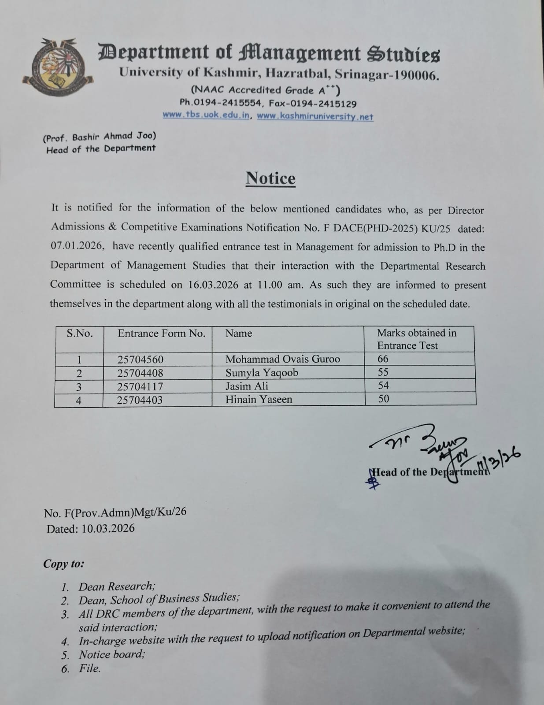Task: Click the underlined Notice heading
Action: click(x=270, y=178)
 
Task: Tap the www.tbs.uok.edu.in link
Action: click(x=206, y=115)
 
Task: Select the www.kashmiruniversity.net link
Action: click(x=315, y=117)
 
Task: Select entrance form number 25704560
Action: click(x=140, y=360)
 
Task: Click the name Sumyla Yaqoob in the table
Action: click(x=262, y=373)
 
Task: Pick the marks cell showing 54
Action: click(x=383, y=386)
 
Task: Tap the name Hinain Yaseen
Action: click(x=259, y=400)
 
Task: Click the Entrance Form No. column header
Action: click(x=161, y=334)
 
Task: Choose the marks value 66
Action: click(x=383, y=359)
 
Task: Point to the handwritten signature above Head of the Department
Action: click(x=423, y=445)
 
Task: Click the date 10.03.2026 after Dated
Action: click(x=108, y=528)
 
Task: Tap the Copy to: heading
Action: click(x=64, y=564)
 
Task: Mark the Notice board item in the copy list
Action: click(x=111, y=654)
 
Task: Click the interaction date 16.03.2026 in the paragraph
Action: click(x=213, y=285)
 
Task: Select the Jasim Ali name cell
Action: click(x=247, y=386)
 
